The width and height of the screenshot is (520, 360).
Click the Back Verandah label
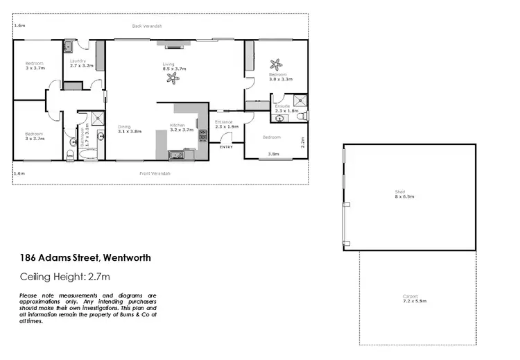pos(147,26)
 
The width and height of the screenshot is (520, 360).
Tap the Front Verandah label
pos(155,173)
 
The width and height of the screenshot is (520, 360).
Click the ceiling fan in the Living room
pos(171,78)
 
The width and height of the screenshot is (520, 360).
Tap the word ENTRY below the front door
pos(226,147)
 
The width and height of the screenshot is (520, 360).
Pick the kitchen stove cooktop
pos(203,133)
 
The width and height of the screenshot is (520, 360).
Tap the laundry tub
pos(69,48)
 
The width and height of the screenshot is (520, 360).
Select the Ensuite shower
pos(300,99)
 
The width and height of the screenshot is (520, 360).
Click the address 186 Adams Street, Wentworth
pos(85,258)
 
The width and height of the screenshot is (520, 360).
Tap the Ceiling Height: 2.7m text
pos(65,277)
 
